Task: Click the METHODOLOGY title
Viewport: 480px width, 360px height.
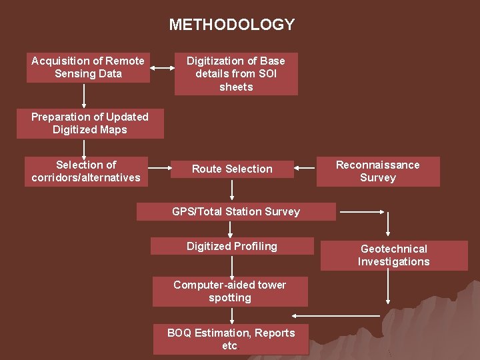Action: (231, 25)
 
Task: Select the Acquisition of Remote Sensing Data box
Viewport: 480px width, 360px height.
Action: (88, 67)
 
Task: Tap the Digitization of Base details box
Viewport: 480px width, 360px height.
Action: (236, 74)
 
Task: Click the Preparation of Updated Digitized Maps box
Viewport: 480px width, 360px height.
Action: (90, 123)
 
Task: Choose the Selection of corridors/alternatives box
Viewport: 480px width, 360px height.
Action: (86, 171)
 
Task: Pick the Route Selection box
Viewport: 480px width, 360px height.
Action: (232, 169)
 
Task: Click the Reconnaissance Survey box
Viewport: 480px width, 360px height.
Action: (378, 171)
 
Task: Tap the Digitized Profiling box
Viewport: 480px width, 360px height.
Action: (232, 247)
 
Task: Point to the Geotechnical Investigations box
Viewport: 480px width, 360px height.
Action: (393, 255)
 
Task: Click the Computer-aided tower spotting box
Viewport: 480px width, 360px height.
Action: (230, 291)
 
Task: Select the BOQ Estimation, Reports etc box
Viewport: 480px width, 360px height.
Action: (231, 339)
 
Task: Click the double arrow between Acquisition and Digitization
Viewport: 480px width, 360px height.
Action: (161, 67)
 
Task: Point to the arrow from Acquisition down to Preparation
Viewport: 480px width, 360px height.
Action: (84, 95)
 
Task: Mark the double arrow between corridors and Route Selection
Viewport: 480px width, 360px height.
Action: (159, 169)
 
